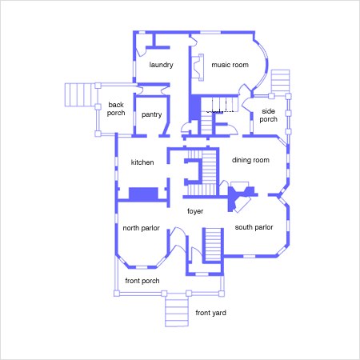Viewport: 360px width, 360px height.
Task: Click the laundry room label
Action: [x=161, y=65]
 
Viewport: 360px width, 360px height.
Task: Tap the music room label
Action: [x=230, y=65]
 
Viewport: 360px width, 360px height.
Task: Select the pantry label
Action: [x=151, y=114]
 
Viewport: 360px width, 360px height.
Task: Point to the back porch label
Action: [x=116, y=109]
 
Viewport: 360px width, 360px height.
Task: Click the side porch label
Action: [x=268, y=115]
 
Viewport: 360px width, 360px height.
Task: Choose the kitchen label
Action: [x=142, y=162]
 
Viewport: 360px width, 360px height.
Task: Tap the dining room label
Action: [x=250, y=160]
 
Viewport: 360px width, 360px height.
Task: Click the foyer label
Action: [x=195, y=211]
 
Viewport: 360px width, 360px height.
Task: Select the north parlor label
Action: [x=141, y=228]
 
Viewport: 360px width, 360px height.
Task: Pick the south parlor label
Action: [x=254, y=227]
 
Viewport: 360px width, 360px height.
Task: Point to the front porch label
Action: [x=142, y=281]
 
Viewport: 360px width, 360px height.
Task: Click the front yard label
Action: [x=210, y=313]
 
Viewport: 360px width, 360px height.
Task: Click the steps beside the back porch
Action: [x=80, y=95]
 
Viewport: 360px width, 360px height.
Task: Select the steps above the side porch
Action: [x=280, y=82]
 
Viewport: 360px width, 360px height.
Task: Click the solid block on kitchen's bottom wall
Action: [x=143, y=194]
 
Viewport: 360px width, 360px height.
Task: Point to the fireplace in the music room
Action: [x=198, y=67]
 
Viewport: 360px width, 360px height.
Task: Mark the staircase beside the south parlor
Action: [x=213, y=246]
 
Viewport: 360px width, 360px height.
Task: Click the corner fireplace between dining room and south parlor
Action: [x=240, y=198]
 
